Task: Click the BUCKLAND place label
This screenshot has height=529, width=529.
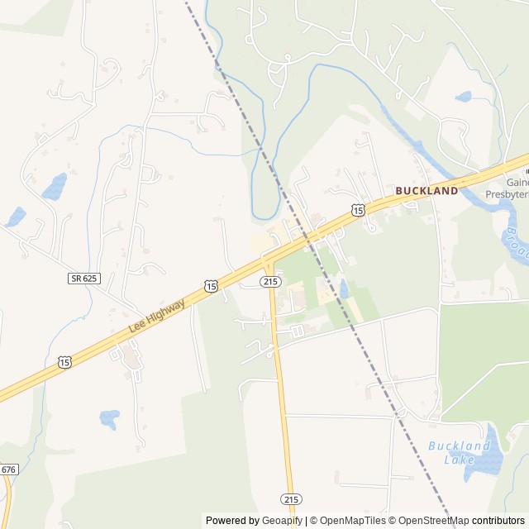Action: (427, 191)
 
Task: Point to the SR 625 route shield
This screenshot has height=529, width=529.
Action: (83, 279)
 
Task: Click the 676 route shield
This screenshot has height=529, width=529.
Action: (8, 469)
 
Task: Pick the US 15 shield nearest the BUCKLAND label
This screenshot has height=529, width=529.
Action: (357, 211)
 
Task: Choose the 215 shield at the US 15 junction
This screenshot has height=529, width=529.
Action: (269, 282)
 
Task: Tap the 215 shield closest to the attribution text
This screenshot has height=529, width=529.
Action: (291, 499)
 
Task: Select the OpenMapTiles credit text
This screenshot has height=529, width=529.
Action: (349, 521)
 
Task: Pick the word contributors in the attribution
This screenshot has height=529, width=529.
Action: (499, 521)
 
